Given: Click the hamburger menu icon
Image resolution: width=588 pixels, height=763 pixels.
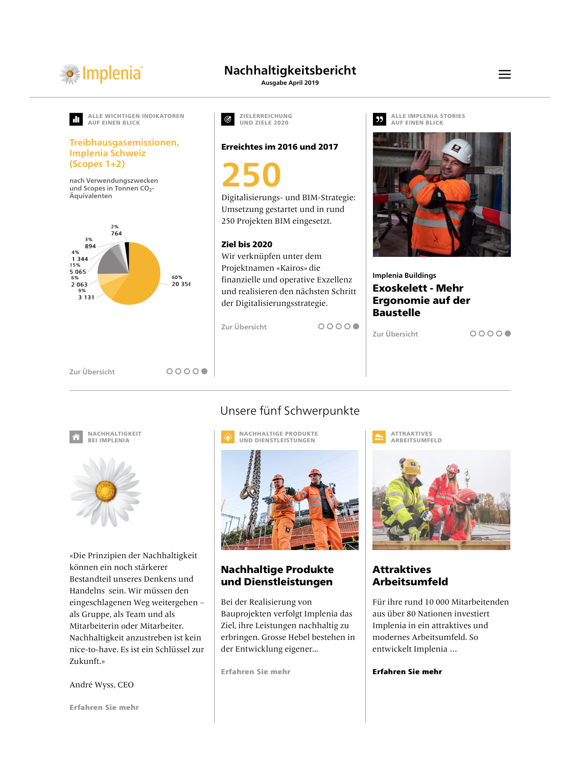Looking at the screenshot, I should pos(504,75).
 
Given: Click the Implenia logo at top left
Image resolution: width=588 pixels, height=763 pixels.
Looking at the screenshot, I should pos(101,74).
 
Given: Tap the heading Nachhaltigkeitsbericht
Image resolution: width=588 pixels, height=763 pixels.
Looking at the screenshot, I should pos(290,70).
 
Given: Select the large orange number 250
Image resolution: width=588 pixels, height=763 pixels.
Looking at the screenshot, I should pos(251,175).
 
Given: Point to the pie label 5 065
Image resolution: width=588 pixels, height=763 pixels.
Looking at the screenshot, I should pos(78,272).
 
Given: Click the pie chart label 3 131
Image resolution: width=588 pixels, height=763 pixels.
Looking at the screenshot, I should pos(86,297).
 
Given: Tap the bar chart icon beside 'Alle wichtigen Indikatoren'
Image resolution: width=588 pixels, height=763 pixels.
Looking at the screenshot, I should pos(76,119).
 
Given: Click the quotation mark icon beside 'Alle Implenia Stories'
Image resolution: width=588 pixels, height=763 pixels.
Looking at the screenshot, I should pos(380,119).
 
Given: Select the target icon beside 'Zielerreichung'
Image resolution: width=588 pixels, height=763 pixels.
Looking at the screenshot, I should pos(228,119).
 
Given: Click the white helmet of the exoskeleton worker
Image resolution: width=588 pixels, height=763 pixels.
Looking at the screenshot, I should pos(457,150).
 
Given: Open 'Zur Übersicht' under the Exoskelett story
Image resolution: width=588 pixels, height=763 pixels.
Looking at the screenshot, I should pos(395,334).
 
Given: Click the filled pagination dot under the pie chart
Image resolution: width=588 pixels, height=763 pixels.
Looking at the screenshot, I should pos(204,371).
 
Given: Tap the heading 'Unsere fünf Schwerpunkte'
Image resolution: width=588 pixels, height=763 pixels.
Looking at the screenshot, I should pos(290,411).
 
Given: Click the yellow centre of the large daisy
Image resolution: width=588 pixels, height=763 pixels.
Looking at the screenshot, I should pos(106,491).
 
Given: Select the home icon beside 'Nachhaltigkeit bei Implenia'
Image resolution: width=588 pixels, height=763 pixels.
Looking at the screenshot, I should pos(76,437).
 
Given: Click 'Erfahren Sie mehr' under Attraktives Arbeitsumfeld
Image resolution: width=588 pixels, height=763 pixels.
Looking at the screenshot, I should pos(407,672).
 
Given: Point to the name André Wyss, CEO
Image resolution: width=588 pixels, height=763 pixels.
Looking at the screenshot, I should pos(102,685).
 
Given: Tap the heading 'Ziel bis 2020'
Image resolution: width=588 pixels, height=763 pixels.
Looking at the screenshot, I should pos(247,244).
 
